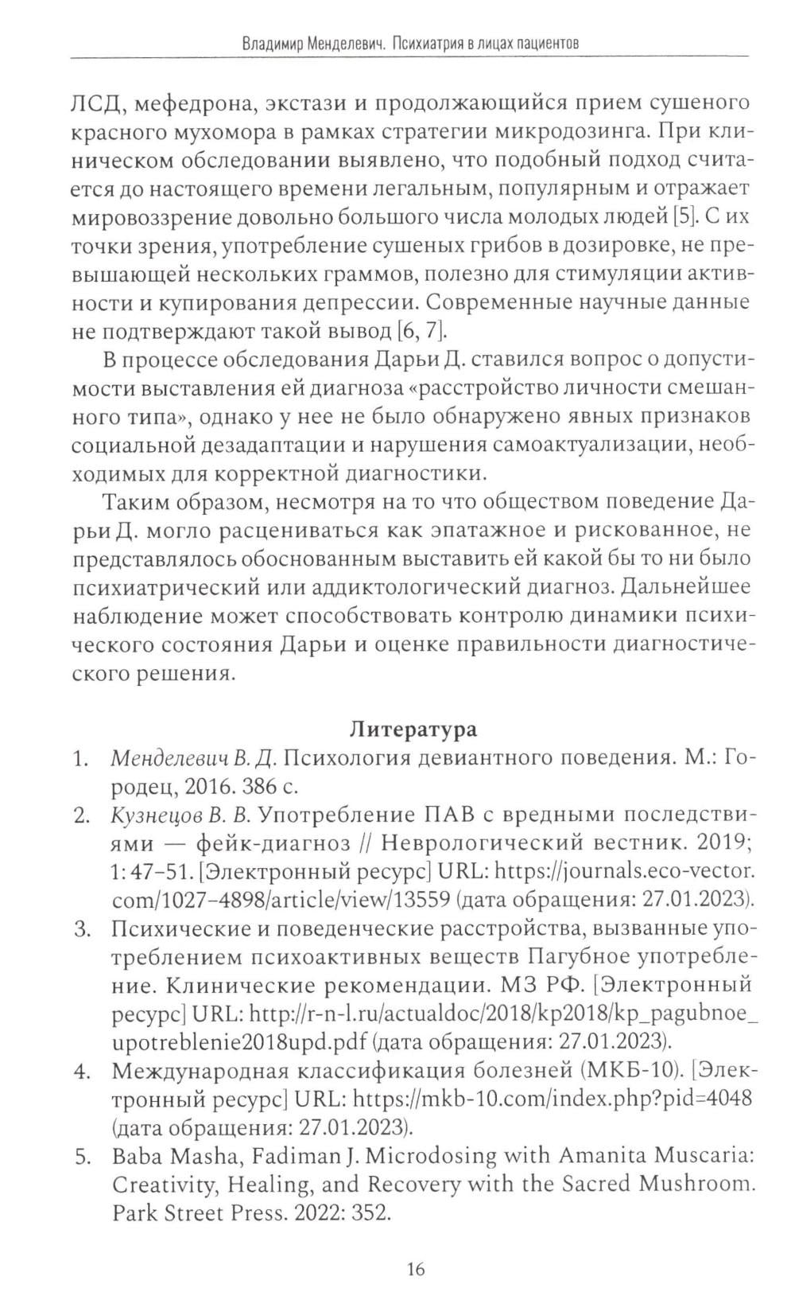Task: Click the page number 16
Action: coord(416,1268)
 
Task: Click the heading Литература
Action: coord(414,729)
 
